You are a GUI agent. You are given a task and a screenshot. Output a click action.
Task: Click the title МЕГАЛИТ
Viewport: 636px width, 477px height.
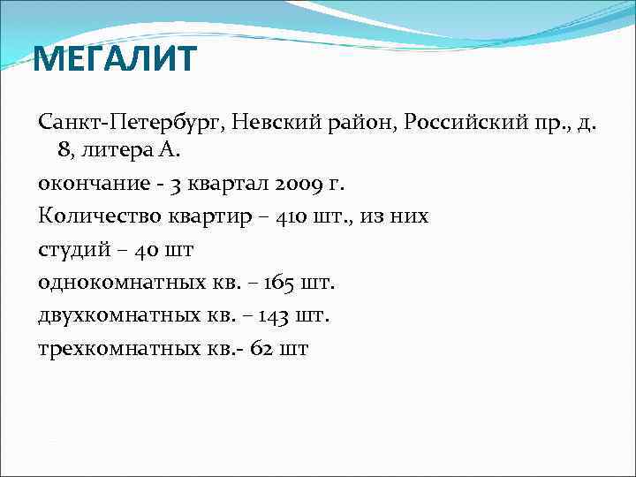(x=115, y=61)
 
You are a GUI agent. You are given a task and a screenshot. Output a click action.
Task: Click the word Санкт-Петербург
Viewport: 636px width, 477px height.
(x=132, y=121)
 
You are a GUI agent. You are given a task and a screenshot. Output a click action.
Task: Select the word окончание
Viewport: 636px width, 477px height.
(x=93, y=185)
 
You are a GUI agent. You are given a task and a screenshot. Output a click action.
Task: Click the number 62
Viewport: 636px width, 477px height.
(x=261, y=348)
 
